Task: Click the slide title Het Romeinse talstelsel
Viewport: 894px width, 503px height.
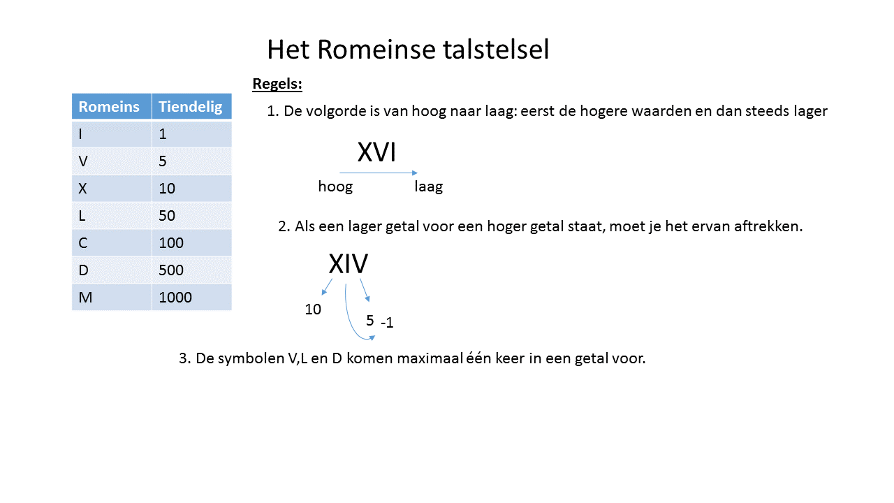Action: pyautogui.click(x=408, y=50)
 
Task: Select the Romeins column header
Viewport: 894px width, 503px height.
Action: pyautogui.click(x=109, y=107)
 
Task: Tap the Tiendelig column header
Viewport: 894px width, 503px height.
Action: pyautogui.click(x=191, y=107)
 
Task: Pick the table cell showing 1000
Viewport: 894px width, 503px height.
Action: pyautogui.click(x=191, y=298)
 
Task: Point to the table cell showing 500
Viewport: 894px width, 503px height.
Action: pyautogui.click(x=191, y=270)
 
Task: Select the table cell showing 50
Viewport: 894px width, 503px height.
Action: pyautogui.click(x=191, y=216)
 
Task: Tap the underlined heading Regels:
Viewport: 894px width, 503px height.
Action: pyautogui.click(x=277, y=85)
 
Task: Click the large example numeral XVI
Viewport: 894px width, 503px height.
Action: pyautogui.click(x=377, y=153)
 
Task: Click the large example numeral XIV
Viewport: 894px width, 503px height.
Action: pyautogui.click(x=349, y=264)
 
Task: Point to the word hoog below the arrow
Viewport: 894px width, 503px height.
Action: pyautogui.click(x=335, y=187)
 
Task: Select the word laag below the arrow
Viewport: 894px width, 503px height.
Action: pyautogui.click(x=428, y=187)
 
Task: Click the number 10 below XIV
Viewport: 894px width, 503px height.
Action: pyautogui.click(x=313, y=309)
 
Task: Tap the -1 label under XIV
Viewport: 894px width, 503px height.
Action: pyautogui.click(x=387, y=323)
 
